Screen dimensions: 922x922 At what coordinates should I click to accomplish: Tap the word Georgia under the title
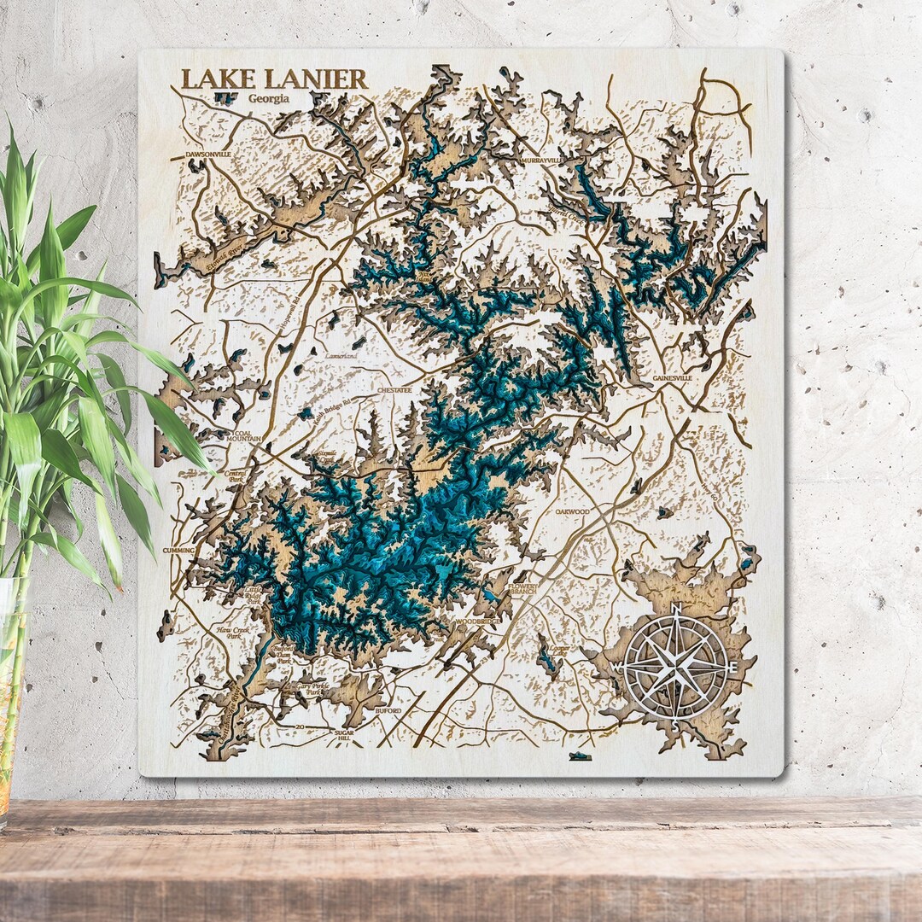click(x=269, y=99)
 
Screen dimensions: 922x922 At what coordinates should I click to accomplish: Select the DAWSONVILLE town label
click(x=208, y=155)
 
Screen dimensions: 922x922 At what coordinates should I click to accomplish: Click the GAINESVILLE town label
click(x=672, y=376)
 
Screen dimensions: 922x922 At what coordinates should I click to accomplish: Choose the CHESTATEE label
click(x=394, y=390)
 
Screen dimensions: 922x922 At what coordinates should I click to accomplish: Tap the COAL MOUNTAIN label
click(x=242, y=438)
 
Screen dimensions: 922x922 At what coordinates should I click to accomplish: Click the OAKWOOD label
click(x=572, y=511)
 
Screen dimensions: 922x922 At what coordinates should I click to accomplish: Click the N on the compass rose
click(x=676, y=609)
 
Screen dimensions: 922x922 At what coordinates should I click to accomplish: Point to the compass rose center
click(x=676, y=665)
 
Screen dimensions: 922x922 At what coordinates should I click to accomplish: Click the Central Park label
click(x=236, y=476)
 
